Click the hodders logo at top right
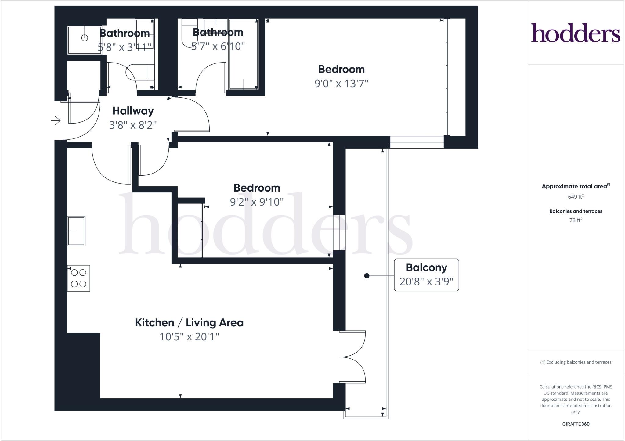click(576, 33)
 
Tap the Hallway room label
click(133, 111)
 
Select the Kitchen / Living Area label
click(189, 323)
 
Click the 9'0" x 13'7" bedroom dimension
click(341, 83)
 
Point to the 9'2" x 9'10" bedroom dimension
click(257, 202)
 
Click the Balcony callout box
click(426, 275)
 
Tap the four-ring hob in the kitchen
click(78, 278)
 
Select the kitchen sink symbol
click(76, 231)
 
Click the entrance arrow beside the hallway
click(56, 120)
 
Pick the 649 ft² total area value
click(576, 197)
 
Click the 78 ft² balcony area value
click(576, 220)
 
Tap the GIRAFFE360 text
click(576, 424)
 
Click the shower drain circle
click(85, 38)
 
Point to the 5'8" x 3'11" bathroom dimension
click(125, 47)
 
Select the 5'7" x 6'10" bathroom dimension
click(218, 46)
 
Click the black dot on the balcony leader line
click(367, 276)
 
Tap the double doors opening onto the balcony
click(352, 357)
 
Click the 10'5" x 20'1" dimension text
click(189, 337)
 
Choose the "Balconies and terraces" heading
click(576, 211)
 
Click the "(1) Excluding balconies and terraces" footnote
click(576, 362)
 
